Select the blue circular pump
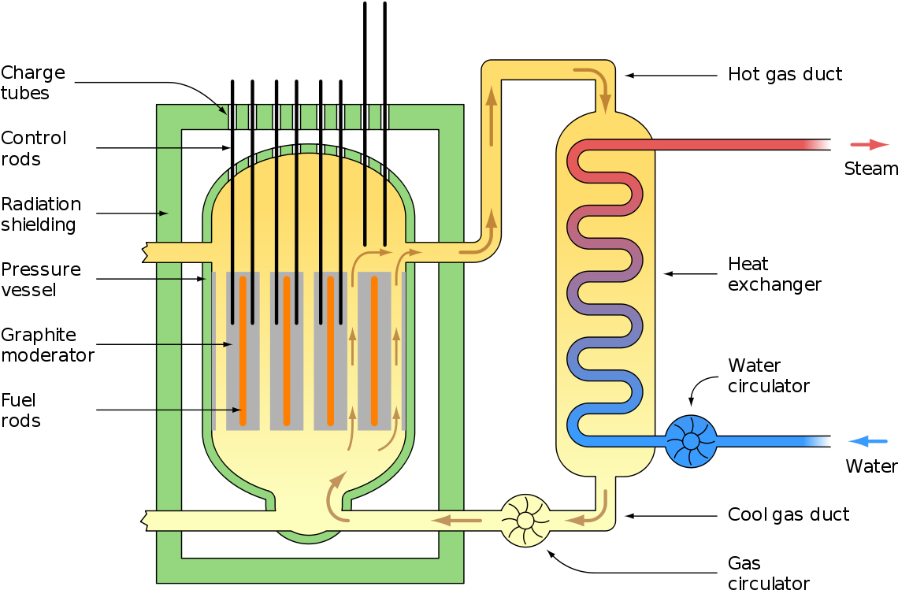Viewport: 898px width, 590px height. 691,441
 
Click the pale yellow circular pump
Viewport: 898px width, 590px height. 525,520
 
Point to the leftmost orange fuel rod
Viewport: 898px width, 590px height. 243,351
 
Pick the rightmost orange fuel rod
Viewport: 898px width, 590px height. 374,351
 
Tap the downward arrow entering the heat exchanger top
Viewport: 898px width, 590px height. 604,98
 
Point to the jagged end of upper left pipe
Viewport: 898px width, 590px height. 146,252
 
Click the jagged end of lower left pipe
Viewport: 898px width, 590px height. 146,520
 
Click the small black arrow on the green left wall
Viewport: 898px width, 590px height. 164,213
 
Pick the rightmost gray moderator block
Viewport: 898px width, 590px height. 374,351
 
